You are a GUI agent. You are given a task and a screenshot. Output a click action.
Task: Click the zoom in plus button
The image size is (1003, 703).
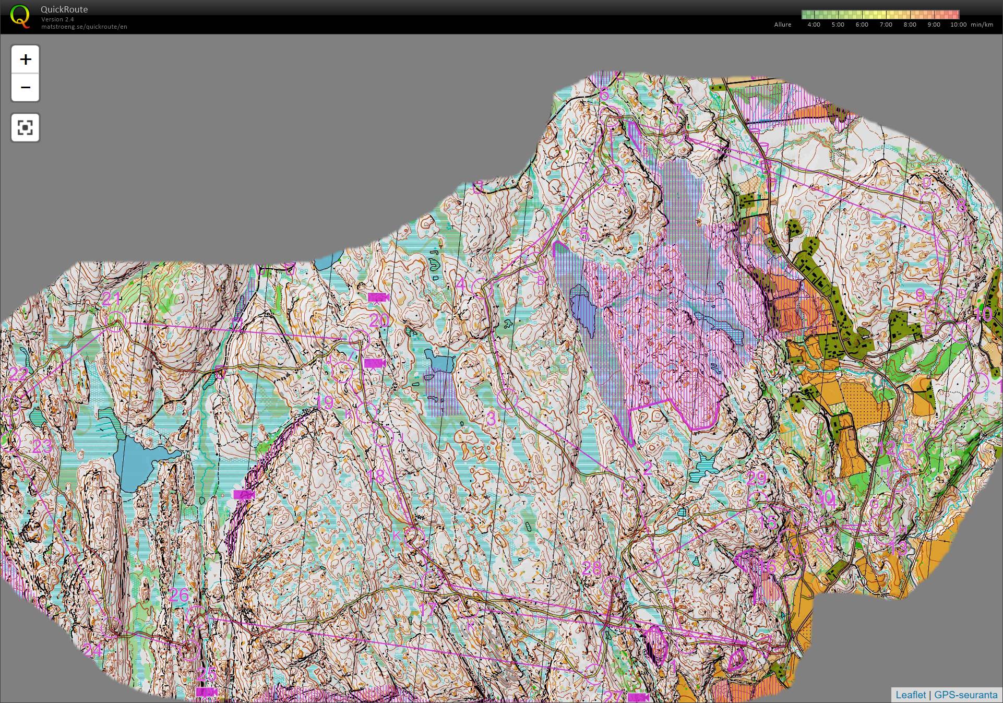25,59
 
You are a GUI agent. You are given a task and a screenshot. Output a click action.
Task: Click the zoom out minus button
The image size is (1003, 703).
25,87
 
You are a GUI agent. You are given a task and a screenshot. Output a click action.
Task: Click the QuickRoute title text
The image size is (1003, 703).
64,9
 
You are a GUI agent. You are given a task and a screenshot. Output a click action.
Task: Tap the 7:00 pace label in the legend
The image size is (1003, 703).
886,25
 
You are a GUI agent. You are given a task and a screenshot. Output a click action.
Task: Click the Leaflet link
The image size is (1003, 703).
910,695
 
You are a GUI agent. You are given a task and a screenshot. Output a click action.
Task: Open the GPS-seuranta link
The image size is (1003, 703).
965,695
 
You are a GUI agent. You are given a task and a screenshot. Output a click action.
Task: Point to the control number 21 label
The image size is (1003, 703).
111,299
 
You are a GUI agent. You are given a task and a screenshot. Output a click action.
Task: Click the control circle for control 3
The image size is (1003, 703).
506,399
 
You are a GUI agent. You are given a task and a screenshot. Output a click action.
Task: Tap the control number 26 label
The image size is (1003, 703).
179,595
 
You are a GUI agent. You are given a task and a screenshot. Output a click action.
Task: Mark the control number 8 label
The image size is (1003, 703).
961,206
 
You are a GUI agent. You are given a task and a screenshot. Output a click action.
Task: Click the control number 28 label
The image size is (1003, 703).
591,568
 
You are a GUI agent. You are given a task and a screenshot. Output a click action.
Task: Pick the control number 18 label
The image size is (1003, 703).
376,476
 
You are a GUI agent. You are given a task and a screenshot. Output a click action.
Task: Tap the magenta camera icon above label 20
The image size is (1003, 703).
378,297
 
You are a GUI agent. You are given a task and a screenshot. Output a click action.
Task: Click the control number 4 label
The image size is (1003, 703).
461,285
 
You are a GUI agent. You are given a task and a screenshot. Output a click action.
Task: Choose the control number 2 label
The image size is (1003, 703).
648,468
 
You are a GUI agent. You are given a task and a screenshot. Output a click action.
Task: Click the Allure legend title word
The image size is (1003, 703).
782,25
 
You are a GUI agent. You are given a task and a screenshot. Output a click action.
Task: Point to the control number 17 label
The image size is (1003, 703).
427,610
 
